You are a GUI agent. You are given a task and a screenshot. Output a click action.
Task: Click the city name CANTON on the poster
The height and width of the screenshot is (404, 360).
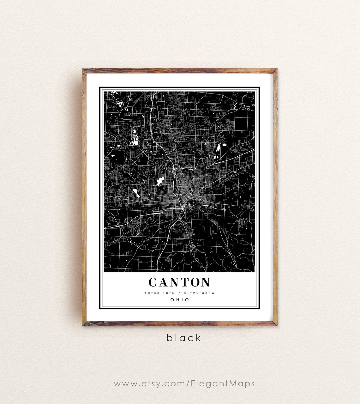179,282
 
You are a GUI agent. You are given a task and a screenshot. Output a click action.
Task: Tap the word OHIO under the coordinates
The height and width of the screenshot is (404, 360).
180,299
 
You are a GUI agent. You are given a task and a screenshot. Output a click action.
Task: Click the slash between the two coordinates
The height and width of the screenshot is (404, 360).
179,293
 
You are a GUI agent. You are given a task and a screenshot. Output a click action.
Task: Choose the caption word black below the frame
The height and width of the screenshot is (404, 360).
184,338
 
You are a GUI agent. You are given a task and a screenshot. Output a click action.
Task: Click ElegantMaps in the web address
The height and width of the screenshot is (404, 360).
223,384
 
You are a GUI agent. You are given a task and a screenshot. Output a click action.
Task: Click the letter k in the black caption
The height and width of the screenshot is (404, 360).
198,338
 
